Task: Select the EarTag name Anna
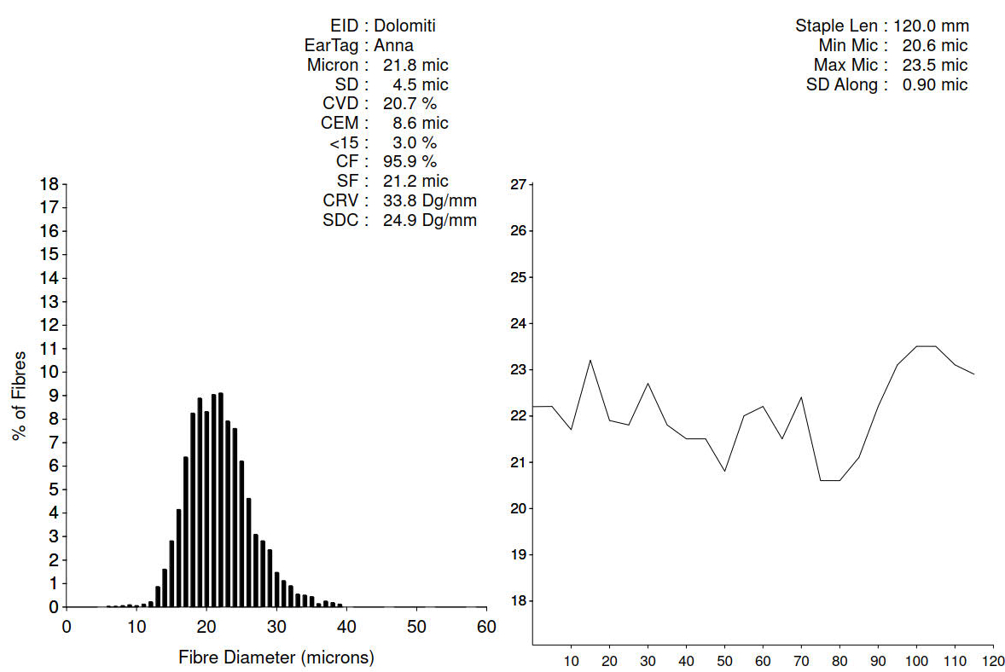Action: [x=393, y=45]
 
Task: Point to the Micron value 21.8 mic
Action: [x=415, y=65]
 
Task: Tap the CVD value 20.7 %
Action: [x=410, y=103]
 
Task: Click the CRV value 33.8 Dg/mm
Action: [x=424, y=200]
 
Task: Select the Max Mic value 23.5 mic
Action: [x=934, y=65]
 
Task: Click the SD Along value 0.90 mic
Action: [x=934, y=84]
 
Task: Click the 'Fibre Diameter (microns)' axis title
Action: [x=276, y=658]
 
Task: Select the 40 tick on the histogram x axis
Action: [x=346, y=625]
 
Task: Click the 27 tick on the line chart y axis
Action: [x=517, y=184]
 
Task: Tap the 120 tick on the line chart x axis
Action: [x=992, y=661]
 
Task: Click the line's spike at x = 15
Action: [x=590, y=360]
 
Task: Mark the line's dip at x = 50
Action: [x=725, y=471]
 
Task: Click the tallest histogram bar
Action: [x=221, y=500]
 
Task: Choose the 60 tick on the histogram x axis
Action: [x=486, y=625]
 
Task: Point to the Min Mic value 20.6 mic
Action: [x=934, y=45]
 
